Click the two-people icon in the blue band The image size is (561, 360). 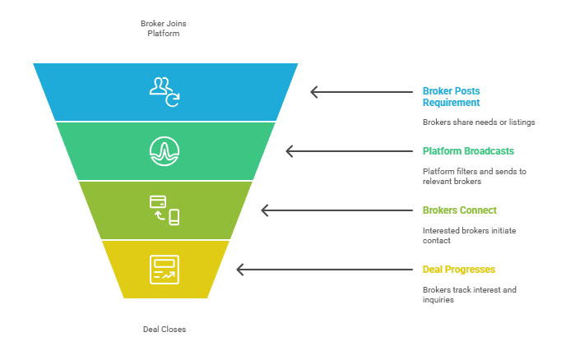[165, 91]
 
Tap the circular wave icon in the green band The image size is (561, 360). [165, 150]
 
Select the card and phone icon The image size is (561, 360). [165, 210]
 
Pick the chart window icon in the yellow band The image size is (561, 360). [165, 270]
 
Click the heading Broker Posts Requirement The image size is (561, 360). [452, 96]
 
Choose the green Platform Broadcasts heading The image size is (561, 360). [468, 151]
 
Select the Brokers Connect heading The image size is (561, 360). [460, 210]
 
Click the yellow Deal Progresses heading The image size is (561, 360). [459, 270]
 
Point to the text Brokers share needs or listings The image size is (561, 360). [479, 122]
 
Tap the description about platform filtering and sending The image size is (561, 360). [475, 176]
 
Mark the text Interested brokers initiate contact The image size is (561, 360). [469, 235]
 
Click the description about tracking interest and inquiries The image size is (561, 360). [469, 294]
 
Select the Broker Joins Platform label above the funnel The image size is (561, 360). [165, 28]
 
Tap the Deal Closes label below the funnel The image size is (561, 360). [165, 329]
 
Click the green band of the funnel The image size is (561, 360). [214, 150]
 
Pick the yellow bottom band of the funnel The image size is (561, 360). [206, 270]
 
